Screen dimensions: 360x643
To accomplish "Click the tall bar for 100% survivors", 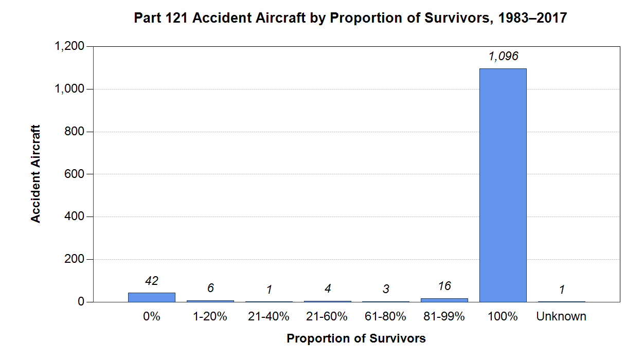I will coord(503,185).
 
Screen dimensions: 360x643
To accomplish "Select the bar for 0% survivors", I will coord(152,297).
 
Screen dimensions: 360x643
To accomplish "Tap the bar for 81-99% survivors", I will coord(444,300).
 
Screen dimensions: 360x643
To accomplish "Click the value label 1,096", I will coord(503,57).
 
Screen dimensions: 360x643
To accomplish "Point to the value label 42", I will coord(152,281).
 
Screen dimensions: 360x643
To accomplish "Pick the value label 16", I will coord(444,286).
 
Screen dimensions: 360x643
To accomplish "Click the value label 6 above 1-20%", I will coord(210,289).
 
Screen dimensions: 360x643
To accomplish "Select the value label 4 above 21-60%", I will coord(327,289).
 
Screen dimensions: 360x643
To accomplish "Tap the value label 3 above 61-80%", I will coord(386,290).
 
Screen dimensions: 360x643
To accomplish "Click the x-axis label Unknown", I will coord(561,317).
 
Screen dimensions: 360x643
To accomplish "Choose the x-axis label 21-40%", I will coord(269,317).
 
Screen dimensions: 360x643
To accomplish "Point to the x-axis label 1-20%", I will coord(210,317).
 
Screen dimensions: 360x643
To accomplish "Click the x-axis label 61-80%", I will coord(386,317).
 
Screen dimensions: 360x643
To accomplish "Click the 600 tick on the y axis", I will coord(75,174).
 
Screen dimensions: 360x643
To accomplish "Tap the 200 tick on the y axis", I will coord(75,260).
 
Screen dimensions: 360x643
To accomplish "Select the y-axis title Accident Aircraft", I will coord(35,174).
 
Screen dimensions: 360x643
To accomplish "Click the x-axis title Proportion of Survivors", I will coord(356,339).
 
